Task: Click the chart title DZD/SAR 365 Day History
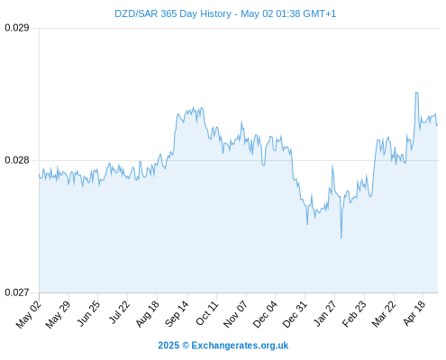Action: (x=173, y=13)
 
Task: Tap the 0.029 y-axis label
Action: (x=17, y=28)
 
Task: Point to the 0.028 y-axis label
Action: (x=17, y=160)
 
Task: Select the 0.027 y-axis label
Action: (x=17, y=292)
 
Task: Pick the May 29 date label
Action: (x=58, y=314)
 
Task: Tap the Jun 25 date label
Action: (x=88, y=313)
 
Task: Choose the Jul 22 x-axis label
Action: (x=119, y=312)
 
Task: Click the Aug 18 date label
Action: (x=147, y=314)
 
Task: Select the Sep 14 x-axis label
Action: (x=177, y=314)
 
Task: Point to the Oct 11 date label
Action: (x=207, y=313)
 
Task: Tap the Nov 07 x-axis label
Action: (x=236, y=314)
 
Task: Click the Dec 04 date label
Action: (x=265, y=314)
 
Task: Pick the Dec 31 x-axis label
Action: (x=295, y=314)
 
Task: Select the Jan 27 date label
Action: (x=325, y=313)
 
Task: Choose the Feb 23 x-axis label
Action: (x=354, y=314)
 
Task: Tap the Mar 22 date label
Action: (x=384, y=314)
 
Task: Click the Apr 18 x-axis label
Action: (x=414, y=313)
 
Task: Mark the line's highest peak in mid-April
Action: (x=416, y=92)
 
